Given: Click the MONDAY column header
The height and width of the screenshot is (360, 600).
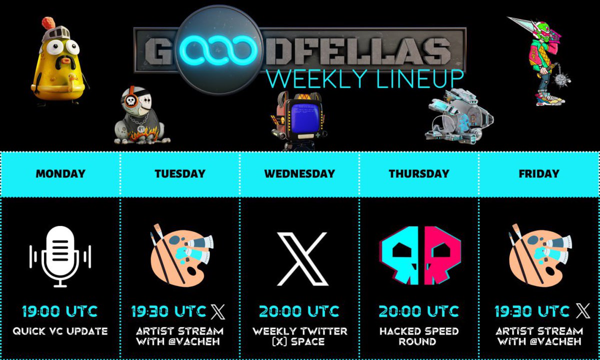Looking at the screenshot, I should (x=60, y=174).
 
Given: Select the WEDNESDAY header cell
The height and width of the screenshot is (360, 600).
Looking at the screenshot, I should (x=299, y=174).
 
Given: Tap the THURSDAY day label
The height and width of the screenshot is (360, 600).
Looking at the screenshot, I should (x=419, y=174).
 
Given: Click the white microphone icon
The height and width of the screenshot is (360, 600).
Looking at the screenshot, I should (x=60, y=256).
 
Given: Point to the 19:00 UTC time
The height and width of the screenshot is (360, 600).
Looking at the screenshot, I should (x=60, y=311).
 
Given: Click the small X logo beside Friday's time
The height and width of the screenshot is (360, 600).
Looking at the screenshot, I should (x=583, y=311).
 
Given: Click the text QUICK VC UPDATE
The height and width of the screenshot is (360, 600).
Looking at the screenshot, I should (x=60, y=331).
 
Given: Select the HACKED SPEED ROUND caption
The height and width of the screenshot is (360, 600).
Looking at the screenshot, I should (x=419, y=336).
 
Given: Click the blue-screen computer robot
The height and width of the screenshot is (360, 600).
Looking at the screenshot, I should (x=298, y=120).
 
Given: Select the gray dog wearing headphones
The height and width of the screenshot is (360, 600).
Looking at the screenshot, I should (x=139, y=117).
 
